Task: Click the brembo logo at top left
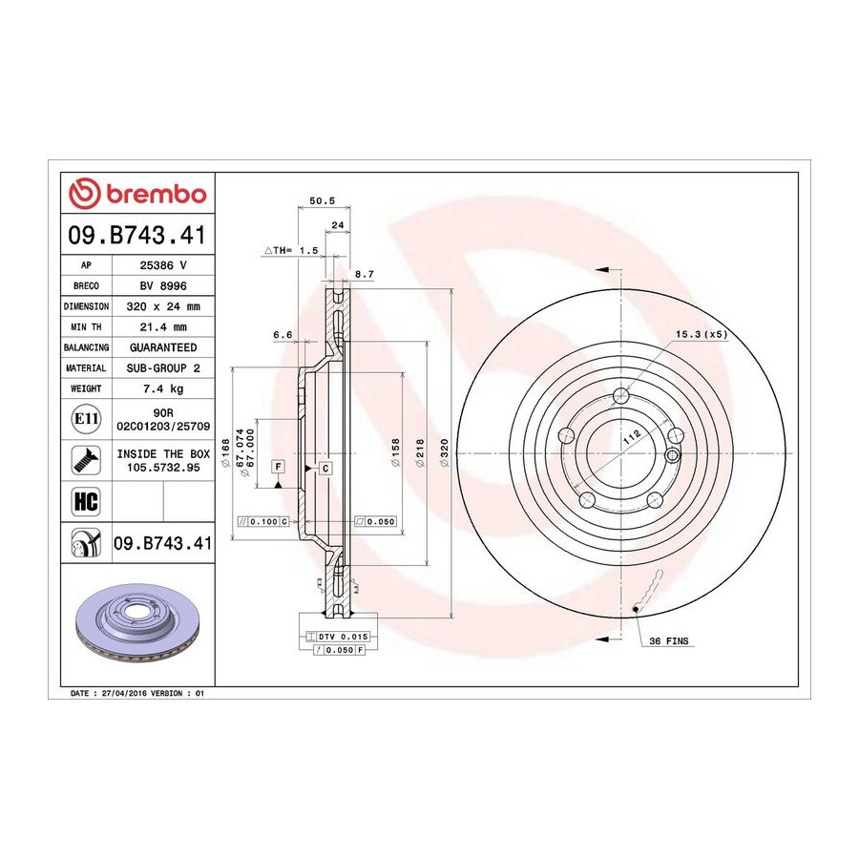137,194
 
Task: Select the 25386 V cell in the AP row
163,265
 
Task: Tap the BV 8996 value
163,286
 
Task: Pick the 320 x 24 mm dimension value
163,306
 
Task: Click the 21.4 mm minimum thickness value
163,327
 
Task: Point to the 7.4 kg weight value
163,389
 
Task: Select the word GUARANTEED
163,347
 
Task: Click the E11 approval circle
86,419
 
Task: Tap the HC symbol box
86,501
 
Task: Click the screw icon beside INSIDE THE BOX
86,460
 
